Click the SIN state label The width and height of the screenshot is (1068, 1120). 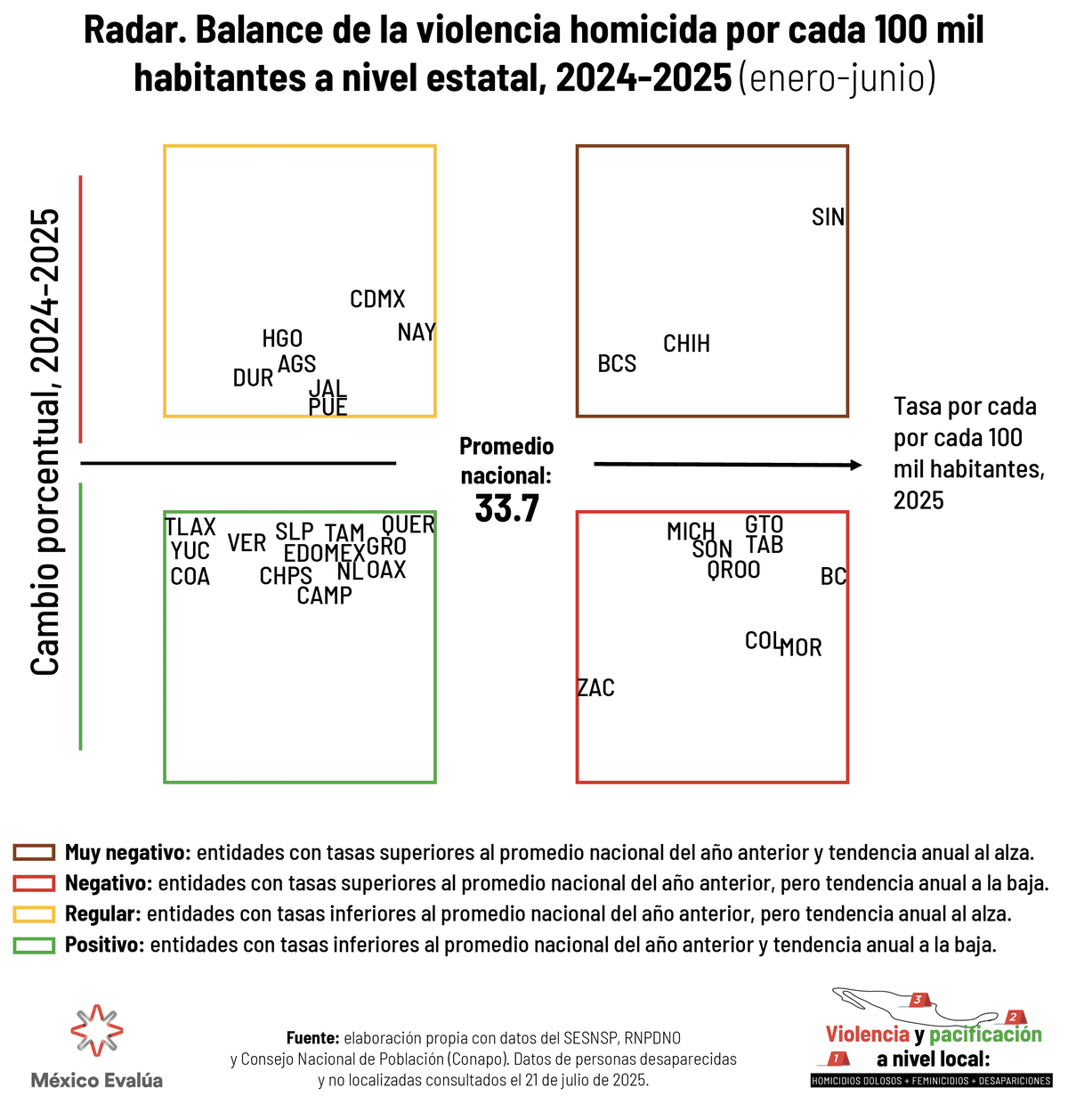point(828,217)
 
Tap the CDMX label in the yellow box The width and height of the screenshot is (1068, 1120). point(377,299)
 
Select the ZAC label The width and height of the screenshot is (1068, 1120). point(595,688)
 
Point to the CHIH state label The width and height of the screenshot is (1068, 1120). point(686,344)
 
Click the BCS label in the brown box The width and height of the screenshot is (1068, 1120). point(617,364)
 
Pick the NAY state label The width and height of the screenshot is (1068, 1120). point(416,333)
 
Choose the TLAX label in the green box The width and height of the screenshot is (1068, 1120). point(190,527)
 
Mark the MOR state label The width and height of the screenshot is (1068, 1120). point(801,648)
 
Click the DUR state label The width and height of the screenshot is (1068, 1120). point(253,378)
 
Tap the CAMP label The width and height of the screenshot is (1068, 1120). point(324,596)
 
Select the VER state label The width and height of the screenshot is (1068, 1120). point(247,543)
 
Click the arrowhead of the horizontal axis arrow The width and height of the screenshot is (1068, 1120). point(856,465)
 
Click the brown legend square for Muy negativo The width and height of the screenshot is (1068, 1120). point(34,853)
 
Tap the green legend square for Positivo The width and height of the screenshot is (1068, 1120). point(34,946)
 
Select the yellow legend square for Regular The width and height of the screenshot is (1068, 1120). point(34,914)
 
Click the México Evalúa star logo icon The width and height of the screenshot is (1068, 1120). point(96,1031)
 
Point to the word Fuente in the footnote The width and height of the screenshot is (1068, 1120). point(312,1038)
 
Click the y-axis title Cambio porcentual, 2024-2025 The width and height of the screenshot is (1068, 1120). point(44,442)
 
